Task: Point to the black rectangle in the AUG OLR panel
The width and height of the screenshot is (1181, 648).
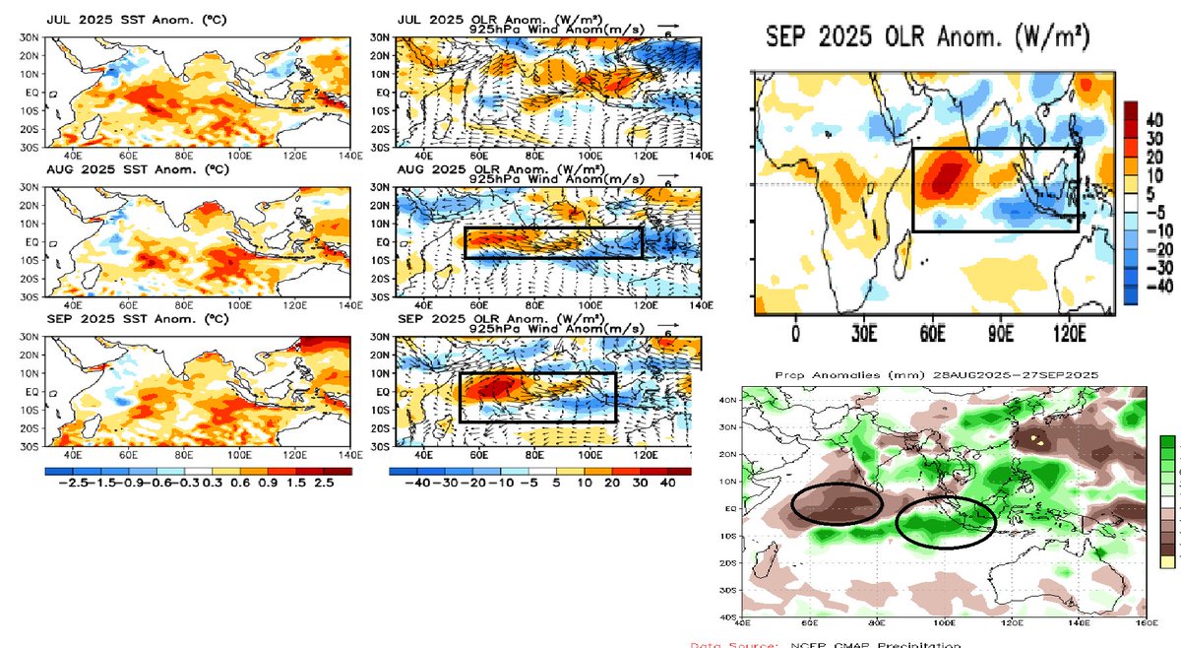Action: [x=552, y=242]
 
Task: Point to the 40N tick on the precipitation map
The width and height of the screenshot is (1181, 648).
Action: [x=730, y=399]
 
